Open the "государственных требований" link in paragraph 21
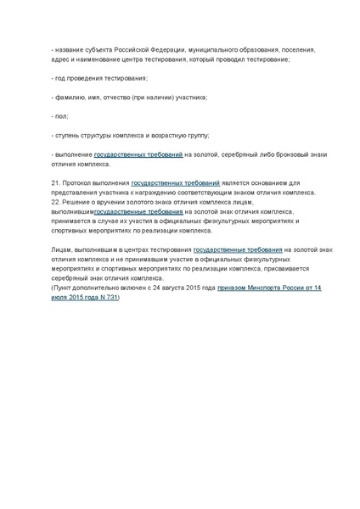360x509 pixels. click(x=176, y=182)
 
